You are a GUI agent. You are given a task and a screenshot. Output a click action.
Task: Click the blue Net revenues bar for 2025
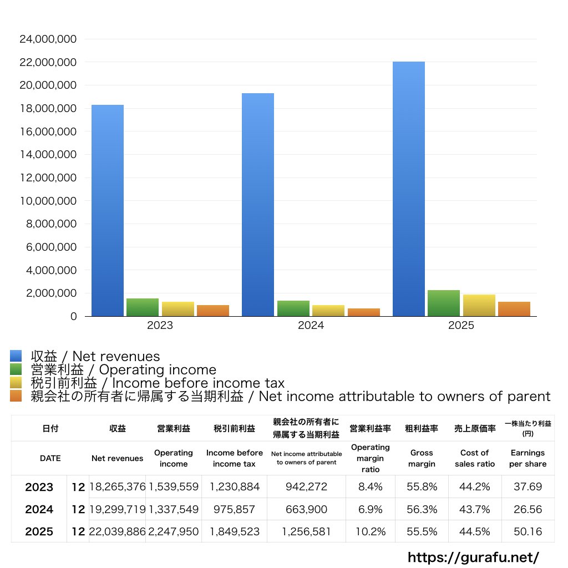click(x=409, y=189)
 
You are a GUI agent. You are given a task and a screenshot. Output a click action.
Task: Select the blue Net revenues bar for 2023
click(x=108, y=211)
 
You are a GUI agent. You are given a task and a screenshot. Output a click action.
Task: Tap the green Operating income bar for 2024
click(x=293, y=308)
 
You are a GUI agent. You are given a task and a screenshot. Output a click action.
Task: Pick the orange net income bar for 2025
click(x=514, y=309)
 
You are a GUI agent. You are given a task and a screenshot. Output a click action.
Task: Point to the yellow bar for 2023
click(x=178, y=309)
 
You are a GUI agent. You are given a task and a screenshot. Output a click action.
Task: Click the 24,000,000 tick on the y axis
click(x=48, y=39)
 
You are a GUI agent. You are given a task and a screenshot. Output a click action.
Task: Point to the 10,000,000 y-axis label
click(x=48, y=201)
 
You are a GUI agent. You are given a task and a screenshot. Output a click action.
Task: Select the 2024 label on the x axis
click(x=311, y=326)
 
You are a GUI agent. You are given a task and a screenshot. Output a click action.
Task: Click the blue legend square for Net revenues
click(x=16, y=356)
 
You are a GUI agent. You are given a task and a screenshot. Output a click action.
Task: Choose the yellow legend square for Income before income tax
click(x=16, y=383)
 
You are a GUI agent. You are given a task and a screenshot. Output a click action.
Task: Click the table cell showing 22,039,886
click(x=118, y=531)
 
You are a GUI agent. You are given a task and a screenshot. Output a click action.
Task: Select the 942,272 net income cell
click(x=306, y=487)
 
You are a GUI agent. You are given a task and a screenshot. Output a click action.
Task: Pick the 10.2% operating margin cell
click(x=370, y=531)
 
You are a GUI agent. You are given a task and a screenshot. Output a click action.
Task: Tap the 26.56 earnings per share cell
click(x=528, y=509)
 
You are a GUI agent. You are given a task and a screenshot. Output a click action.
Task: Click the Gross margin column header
click(x=422, y=458)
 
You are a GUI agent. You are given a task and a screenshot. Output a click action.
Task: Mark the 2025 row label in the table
click(x=39, y=531)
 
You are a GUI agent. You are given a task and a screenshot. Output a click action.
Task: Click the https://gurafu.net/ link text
click(x=473, y=557)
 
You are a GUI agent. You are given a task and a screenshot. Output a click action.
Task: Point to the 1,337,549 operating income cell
click(x=174, y=509)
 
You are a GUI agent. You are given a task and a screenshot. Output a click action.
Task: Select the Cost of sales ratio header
click(x=475, y=458)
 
